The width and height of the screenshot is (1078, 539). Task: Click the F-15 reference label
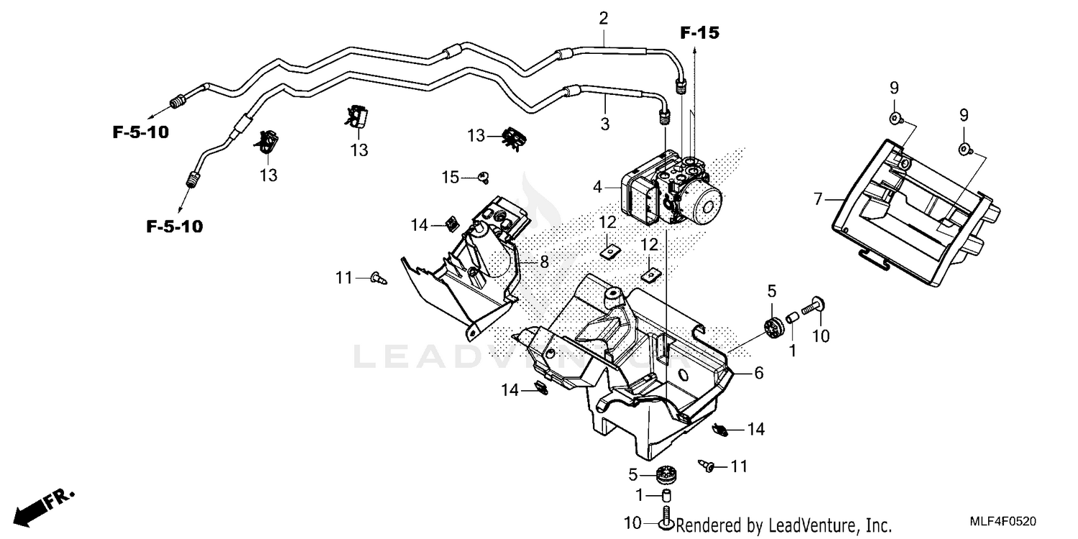[x=700, y=32]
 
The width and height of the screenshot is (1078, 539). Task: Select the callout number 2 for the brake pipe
[x=604, y=18]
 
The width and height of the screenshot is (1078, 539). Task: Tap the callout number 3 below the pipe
[x=605, y=124]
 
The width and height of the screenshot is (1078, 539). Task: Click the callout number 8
[x=544, y=262]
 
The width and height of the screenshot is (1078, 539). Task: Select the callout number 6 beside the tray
[x=758, y=373]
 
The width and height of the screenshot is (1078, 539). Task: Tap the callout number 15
[x=450, y=177]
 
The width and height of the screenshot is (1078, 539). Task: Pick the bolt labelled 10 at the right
[x=812, y=307]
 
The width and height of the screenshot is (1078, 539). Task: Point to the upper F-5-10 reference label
[x=140, y=132]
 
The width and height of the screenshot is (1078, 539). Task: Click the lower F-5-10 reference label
[x=175, y=227]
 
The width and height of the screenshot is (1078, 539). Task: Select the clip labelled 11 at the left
[x=378, y=278]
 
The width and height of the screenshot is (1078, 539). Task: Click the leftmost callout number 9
[x=894, y=88]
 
